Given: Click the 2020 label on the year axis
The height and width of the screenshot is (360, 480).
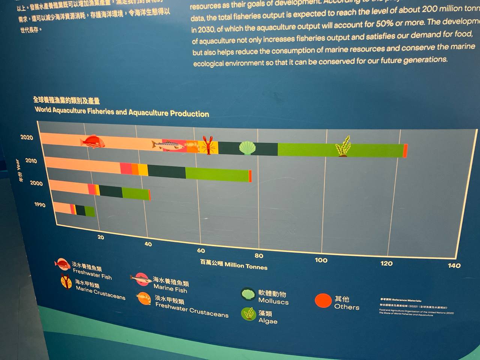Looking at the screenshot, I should (27, 138).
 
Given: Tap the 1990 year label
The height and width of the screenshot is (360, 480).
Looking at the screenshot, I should (40, 205).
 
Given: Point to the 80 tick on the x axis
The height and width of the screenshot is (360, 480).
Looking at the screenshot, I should (259, 256).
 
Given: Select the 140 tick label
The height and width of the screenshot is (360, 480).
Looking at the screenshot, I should (454, 265).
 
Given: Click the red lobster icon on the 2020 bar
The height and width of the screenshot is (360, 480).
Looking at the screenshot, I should (208, 145).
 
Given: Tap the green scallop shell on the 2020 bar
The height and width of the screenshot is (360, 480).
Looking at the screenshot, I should (247, 148).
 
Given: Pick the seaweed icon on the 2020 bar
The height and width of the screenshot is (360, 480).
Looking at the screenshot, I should (343, 147).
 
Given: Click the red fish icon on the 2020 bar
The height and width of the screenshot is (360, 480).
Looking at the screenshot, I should (92, 141).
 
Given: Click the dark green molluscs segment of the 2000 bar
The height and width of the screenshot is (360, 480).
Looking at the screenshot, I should (111, 191).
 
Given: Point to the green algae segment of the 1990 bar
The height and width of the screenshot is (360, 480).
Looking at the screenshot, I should (90, 212).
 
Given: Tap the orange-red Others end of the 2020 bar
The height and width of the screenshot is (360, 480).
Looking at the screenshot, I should (405, 151).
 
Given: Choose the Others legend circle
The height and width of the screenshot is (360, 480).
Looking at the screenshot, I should (323, 301).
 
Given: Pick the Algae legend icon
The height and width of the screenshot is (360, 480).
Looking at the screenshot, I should (248, 314).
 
